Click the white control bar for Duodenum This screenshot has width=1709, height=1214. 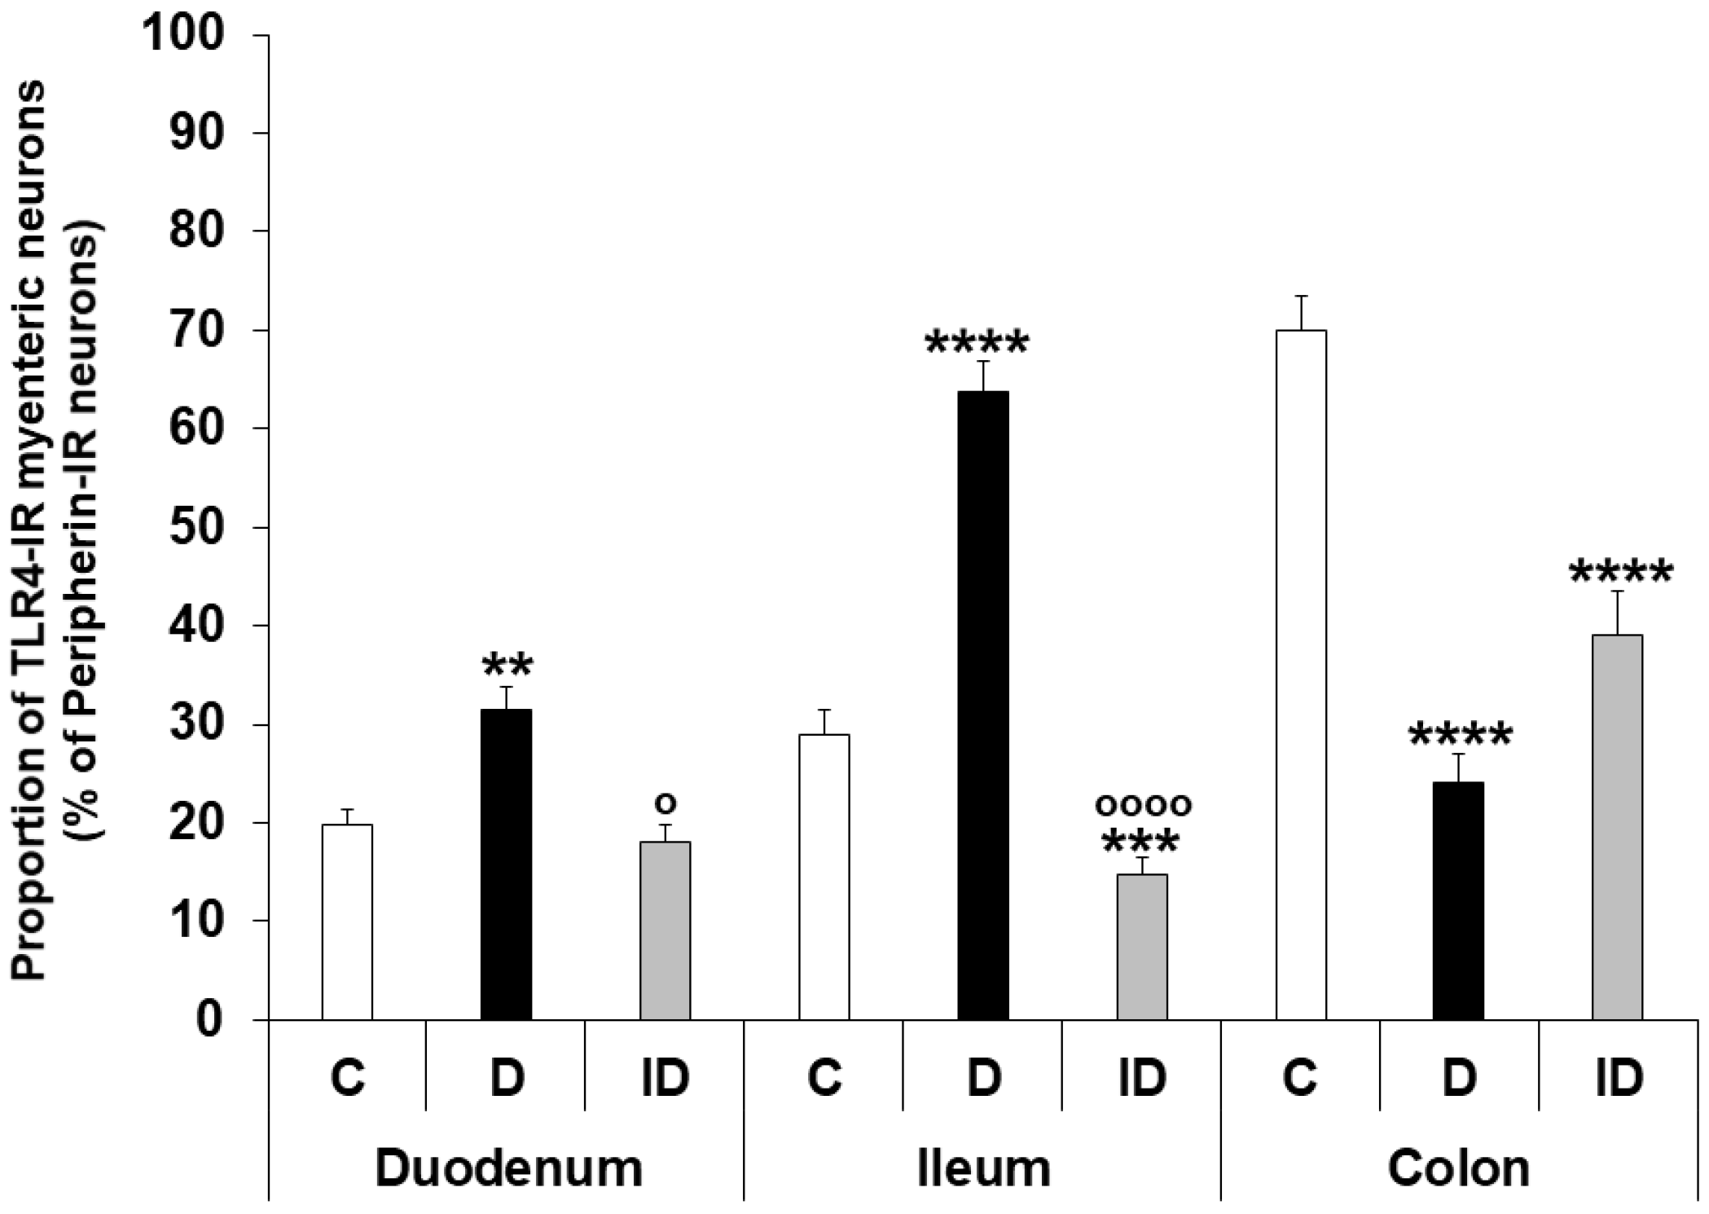tap(347, 921)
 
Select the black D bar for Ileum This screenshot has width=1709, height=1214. tap(983, 705)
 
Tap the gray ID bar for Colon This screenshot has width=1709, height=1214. tap(1617, 826)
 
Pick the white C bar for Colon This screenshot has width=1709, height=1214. tap(1301, 675)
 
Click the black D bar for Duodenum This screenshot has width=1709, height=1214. tap(506, 864)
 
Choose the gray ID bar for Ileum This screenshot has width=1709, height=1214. tap(1142, 946)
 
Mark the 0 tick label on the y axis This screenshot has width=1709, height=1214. tap(210, 1019)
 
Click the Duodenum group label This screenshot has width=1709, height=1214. tap(508, 1169)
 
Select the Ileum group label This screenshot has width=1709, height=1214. tap(983, 1169)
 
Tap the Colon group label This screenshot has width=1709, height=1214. tap(1458, 1169)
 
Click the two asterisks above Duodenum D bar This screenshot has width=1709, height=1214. tap(507, 666)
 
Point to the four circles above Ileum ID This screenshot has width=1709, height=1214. tap(1143, 805)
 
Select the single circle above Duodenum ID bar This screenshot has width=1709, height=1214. tap(666, 803)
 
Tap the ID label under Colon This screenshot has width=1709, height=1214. tap(1619, 1077)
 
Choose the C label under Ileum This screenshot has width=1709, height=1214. tap(824, 1077)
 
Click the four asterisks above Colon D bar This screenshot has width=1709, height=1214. tap(1460, 737)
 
